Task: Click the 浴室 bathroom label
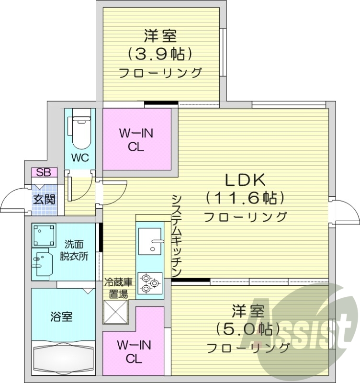62,316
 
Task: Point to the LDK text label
245,180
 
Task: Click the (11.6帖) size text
245,197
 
